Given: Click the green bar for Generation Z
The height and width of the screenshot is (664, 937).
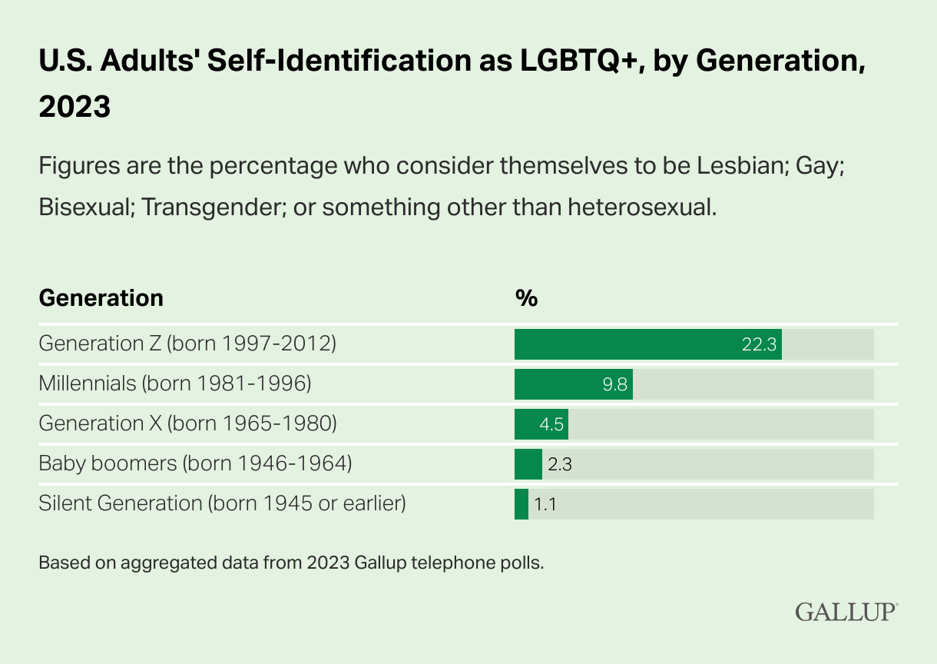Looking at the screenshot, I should click(647, 344).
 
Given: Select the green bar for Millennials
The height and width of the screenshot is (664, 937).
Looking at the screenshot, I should click(573, 384).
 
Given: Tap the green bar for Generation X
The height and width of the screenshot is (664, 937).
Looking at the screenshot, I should click(541, 424).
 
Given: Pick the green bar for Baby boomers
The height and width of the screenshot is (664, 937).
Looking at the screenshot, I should click(528, 464).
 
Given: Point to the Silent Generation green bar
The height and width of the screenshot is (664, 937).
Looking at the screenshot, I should click(521, 504).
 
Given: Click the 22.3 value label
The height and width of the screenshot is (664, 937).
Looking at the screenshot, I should click(759, 345).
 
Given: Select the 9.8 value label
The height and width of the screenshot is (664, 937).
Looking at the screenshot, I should click(616, 385).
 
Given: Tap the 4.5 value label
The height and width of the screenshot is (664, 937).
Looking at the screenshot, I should click(551, 425).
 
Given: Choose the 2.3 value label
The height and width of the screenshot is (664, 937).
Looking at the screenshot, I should click(560, 464).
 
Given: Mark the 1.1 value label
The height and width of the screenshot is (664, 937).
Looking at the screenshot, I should click(545, 504).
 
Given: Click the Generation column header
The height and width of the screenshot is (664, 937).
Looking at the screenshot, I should click(101, 298).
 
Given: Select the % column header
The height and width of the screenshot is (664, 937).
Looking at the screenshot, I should click(525, 298).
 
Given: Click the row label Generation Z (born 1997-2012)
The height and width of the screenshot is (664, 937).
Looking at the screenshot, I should click(187, 344).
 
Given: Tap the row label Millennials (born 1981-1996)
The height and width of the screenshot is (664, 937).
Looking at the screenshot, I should click(174, 383).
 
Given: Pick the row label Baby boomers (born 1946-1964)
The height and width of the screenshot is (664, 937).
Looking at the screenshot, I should click(195, 463).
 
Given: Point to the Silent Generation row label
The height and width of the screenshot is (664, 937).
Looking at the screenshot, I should click(222, 503).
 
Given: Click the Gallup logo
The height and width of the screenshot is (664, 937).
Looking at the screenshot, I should click(846, 613).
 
